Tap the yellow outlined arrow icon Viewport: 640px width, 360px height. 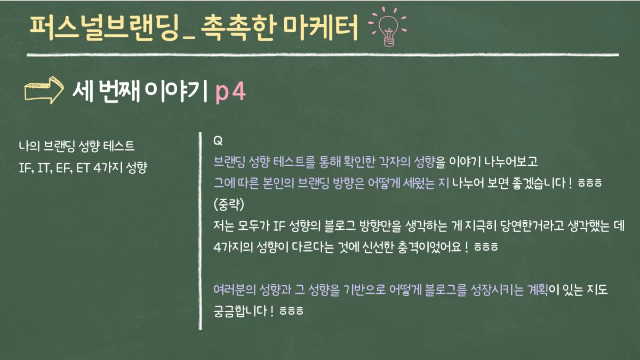pyautogui.click(x=44, y=90)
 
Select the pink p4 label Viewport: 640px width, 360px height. pyautogui.click(x=230, y=92)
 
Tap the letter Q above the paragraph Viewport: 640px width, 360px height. pyautogui.click(x=218, y=141)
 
